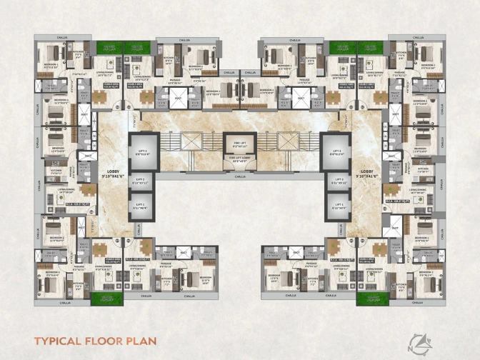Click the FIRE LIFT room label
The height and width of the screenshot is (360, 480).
click(x=239, y=144)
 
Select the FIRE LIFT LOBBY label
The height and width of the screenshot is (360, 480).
click(x=239, y=161)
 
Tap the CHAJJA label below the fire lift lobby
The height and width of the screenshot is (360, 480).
click(x=239, y=175)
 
